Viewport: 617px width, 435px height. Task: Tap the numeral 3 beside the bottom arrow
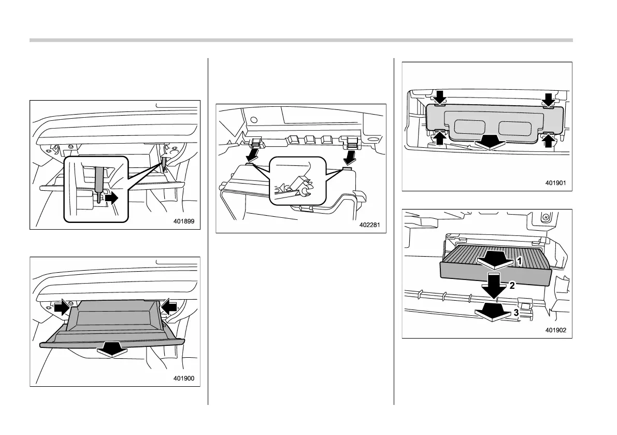click(x=516, y=313)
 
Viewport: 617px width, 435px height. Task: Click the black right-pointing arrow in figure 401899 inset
click(x=111, y=197)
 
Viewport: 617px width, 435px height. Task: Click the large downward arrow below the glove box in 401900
click(x=112, y=350)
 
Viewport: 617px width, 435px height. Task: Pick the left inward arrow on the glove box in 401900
click(x=62, y=307)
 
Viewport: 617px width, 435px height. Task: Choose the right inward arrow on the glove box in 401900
click(x=168, y=307)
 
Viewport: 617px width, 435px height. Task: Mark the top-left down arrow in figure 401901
click(x=439, y=96)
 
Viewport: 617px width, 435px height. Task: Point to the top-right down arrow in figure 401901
click(x=549, y=98)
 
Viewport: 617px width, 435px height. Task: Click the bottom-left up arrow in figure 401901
click(x=439, y=138)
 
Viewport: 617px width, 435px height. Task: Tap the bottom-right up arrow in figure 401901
click(x=549, y=140)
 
